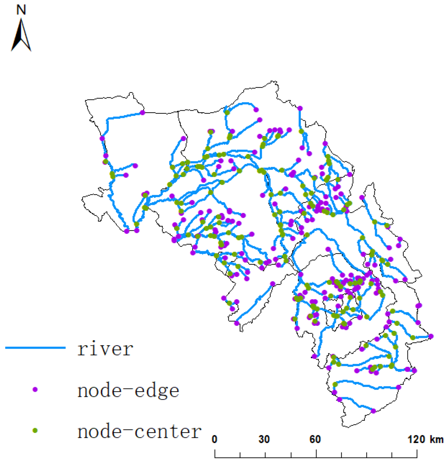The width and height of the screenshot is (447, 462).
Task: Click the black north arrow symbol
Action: click(x=21, y=37)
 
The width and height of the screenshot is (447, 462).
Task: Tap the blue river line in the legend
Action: click(x=35, y=348)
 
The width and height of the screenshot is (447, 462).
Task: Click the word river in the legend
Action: click(x=105, y=349)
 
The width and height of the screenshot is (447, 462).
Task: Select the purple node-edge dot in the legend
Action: click(x=35, y=389)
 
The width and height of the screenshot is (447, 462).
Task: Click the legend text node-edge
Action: click(x=128, y=390)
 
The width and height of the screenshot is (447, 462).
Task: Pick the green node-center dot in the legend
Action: click(x=35, y=431)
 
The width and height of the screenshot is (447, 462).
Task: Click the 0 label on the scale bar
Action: click(x=215, y=439)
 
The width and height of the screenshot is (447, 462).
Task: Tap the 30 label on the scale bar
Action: click(x=264, y=439)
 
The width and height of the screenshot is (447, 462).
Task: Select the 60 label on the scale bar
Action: click(x=315, y=439)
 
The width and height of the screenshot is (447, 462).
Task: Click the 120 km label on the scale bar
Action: click(x=425, y=439)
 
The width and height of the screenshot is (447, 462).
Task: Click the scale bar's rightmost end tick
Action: click(x=417, y=453)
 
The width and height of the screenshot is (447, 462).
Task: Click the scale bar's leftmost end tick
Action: click(x=215, y=453)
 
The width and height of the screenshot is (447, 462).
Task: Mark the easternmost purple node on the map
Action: click(x=431, y=336)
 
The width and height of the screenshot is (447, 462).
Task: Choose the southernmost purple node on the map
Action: click(x=373, y=411)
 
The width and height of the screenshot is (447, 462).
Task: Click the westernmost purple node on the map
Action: click(x=102, y=138)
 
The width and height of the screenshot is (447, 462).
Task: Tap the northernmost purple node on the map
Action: click(x=300, y=108)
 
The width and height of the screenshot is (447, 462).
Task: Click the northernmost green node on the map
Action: click(x=227, y=112)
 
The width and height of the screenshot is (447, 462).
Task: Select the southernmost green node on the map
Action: click(x=335, y=384)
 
